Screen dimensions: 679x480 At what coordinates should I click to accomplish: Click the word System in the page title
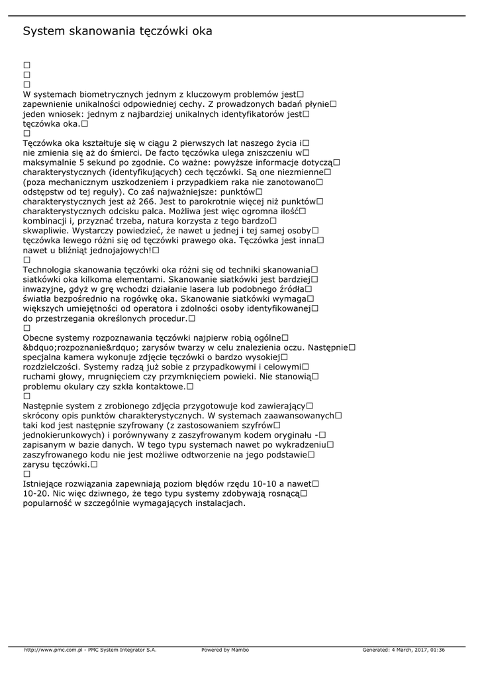pyautogui.click(x=45, y=31)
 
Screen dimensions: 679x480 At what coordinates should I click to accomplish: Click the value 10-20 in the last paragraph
pyautogui.click(x=35, y=493)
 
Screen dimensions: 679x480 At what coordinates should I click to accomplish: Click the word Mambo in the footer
pyautogui.click(x=240, y=650)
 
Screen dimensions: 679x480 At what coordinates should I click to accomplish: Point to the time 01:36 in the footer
pyautogui.click(x=437, y=650)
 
